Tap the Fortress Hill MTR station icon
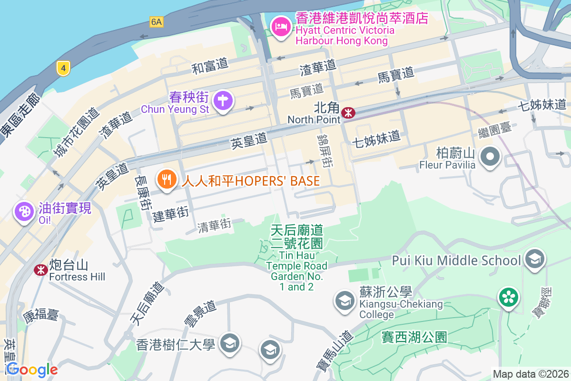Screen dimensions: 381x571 click(41, 270)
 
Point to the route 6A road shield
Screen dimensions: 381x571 click(156, 22)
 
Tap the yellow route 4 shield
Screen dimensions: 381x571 click(63, 68)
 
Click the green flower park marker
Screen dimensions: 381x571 click(508, 298)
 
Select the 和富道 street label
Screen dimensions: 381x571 click(210, 66)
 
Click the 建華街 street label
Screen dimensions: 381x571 click(171, 215)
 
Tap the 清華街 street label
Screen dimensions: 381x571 click(215, 225)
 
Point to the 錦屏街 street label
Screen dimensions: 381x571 click(325, 150)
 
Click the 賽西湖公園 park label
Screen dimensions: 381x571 click(414, 337)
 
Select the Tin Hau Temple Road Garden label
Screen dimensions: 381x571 click(297, 258)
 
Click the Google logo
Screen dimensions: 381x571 click(32, 370)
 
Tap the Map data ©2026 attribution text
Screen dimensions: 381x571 click(531, 374)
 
